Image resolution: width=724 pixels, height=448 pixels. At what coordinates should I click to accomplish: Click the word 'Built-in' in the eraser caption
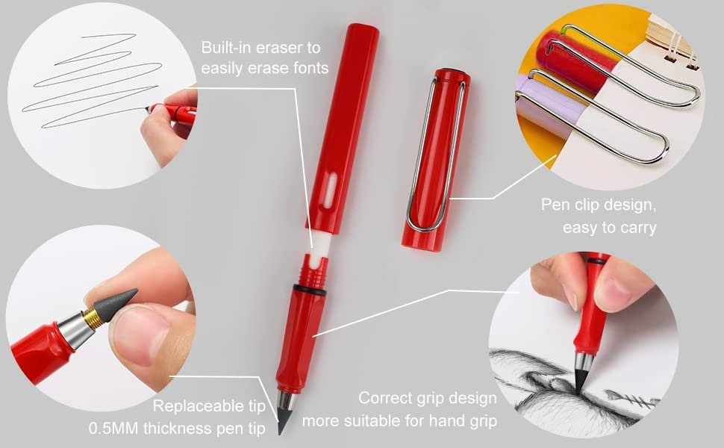pos(226,48)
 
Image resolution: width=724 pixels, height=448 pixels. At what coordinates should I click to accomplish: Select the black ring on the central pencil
pos(309,290)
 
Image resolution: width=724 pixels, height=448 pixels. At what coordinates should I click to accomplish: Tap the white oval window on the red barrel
pos(328,190)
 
